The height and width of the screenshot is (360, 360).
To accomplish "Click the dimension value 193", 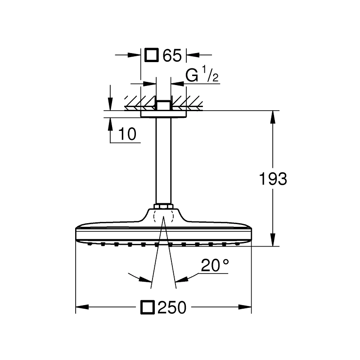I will pos(273,179).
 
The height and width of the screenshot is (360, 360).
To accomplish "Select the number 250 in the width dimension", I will pos(171,307).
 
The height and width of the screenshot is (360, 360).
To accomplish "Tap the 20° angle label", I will pos(215,266).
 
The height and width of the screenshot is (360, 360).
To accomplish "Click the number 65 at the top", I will pos(171,55).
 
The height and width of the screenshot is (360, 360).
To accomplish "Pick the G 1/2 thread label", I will pos(202,76).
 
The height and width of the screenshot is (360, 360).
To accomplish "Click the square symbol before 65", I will pos(152,55).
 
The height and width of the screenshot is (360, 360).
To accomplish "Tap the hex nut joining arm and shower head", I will pos(163,207).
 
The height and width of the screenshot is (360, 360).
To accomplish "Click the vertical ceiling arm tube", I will pos(163,162).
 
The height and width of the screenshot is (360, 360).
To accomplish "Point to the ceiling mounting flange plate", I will pos(163,114).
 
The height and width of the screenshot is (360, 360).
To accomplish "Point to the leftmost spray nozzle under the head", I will pos(90,244).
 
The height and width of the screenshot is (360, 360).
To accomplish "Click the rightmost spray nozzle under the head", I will pos(236,244).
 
